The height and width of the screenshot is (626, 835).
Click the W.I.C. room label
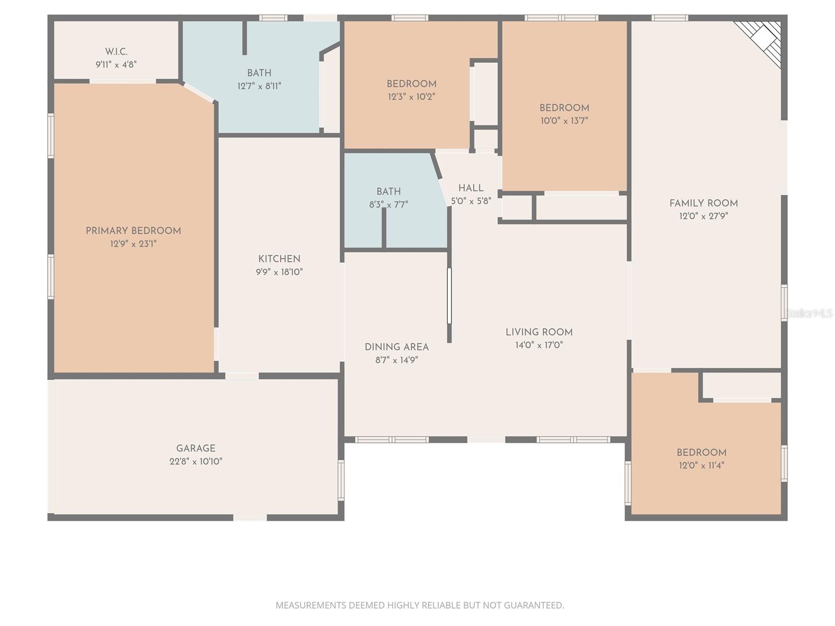(116, 52)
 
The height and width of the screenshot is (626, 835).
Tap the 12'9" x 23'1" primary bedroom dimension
(133, 244)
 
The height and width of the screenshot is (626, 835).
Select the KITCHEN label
(279, 259)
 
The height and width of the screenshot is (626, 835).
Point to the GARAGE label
(196, 448)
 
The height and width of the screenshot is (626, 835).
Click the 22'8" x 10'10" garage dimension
(196, 461)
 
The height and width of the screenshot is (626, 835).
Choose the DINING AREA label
(397, 347)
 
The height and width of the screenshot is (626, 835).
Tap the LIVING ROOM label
(539, 332)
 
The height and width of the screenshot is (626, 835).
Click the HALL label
(471, 188)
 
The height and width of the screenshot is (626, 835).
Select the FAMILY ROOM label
(703, 203)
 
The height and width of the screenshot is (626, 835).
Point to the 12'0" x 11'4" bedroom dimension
(701, 465)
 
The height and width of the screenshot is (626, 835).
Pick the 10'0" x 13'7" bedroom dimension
(564, 121)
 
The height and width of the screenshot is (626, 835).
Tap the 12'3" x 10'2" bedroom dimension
(411, 97)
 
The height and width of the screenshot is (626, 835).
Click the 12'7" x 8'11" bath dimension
(259, 86)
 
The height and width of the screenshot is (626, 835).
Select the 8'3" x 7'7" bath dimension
(388, 204)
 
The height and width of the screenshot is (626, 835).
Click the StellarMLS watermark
(809, 313)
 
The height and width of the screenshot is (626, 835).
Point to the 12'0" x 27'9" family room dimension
(703, 216)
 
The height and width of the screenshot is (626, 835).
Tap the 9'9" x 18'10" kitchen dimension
(279, 272)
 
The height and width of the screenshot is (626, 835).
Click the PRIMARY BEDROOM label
(133, 231)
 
